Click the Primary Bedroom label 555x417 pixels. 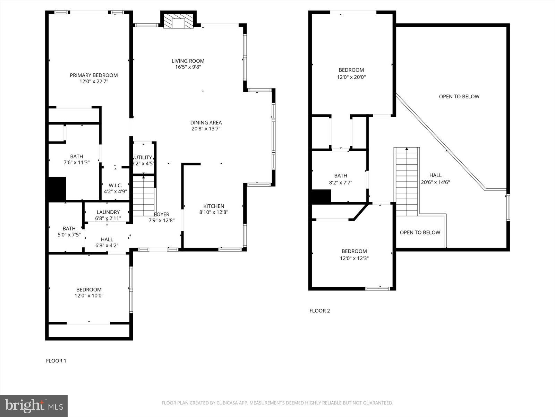tap(94, 75)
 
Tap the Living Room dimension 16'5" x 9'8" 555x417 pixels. tap(188, 67)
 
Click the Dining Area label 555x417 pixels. tap(206, 122)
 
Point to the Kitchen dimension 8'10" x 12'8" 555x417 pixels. tap(214, 212)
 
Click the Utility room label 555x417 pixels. tap(143, 157)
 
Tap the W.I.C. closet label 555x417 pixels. tap(115, 186)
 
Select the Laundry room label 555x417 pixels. tap(108, 212)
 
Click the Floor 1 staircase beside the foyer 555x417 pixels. tap(143, 197)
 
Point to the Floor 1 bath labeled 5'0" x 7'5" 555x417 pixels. tap(69, 231)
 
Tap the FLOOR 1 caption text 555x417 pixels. tap(56, 361)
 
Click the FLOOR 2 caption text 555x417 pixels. tap(319, 311)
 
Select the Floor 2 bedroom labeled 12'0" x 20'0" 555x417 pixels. tap(351, 73)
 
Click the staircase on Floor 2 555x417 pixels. tap(407, 181)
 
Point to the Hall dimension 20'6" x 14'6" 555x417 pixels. tap(435, 182)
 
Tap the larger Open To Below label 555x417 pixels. tap(459, 97)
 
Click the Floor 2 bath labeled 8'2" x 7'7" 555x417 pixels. tap(341, 179)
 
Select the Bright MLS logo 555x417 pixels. tap(34, 406)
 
